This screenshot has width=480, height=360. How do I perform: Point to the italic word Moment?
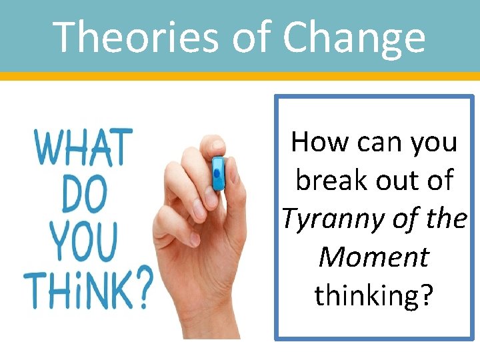[373, 257]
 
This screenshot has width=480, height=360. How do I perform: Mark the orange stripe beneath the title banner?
[240, 76]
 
